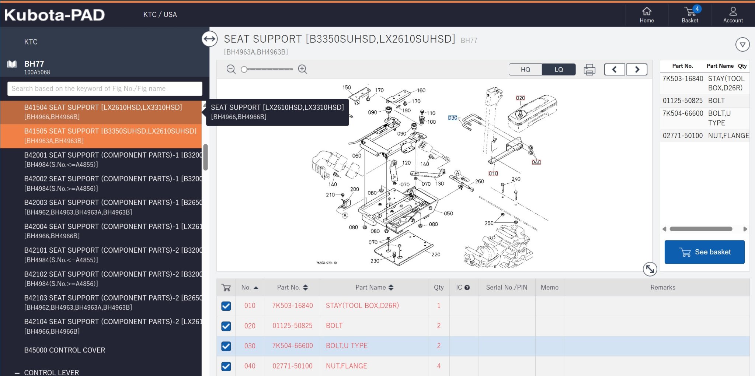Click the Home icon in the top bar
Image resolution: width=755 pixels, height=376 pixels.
coord(647,11)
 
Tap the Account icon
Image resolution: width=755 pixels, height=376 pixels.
coord(733,11)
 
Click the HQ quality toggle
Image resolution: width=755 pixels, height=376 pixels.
coord(525,69)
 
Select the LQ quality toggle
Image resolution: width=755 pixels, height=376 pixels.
coord(559,69)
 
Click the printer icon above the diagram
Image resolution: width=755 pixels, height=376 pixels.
coord(589,69)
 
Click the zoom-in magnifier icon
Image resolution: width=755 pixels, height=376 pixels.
coord(303,69)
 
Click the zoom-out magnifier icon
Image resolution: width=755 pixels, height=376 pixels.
coord(231,69)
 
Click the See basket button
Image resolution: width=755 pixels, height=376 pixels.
coord(704,252)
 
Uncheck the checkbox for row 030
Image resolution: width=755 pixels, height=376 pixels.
coord(226,346)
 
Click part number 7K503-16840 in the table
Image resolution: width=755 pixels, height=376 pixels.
coord(292,306)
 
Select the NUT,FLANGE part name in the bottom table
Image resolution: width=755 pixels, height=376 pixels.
coord(347,366)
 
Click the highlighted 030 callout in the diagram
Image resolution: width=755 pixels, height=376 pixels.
coord(453,118)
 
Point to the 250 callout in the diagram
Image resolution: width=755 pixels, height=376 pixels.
coord(489,223)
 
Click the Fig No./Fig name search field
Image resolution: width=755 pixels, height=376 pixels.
coord(105,89)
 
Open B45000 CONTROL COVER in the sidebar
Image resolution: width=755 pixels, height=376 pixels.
coord(65,350)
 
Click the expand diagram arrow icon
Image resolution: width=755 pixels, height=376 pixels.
coord(650,269)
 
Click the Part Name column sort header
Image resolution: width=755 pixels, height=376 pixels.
coord(374,288)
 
